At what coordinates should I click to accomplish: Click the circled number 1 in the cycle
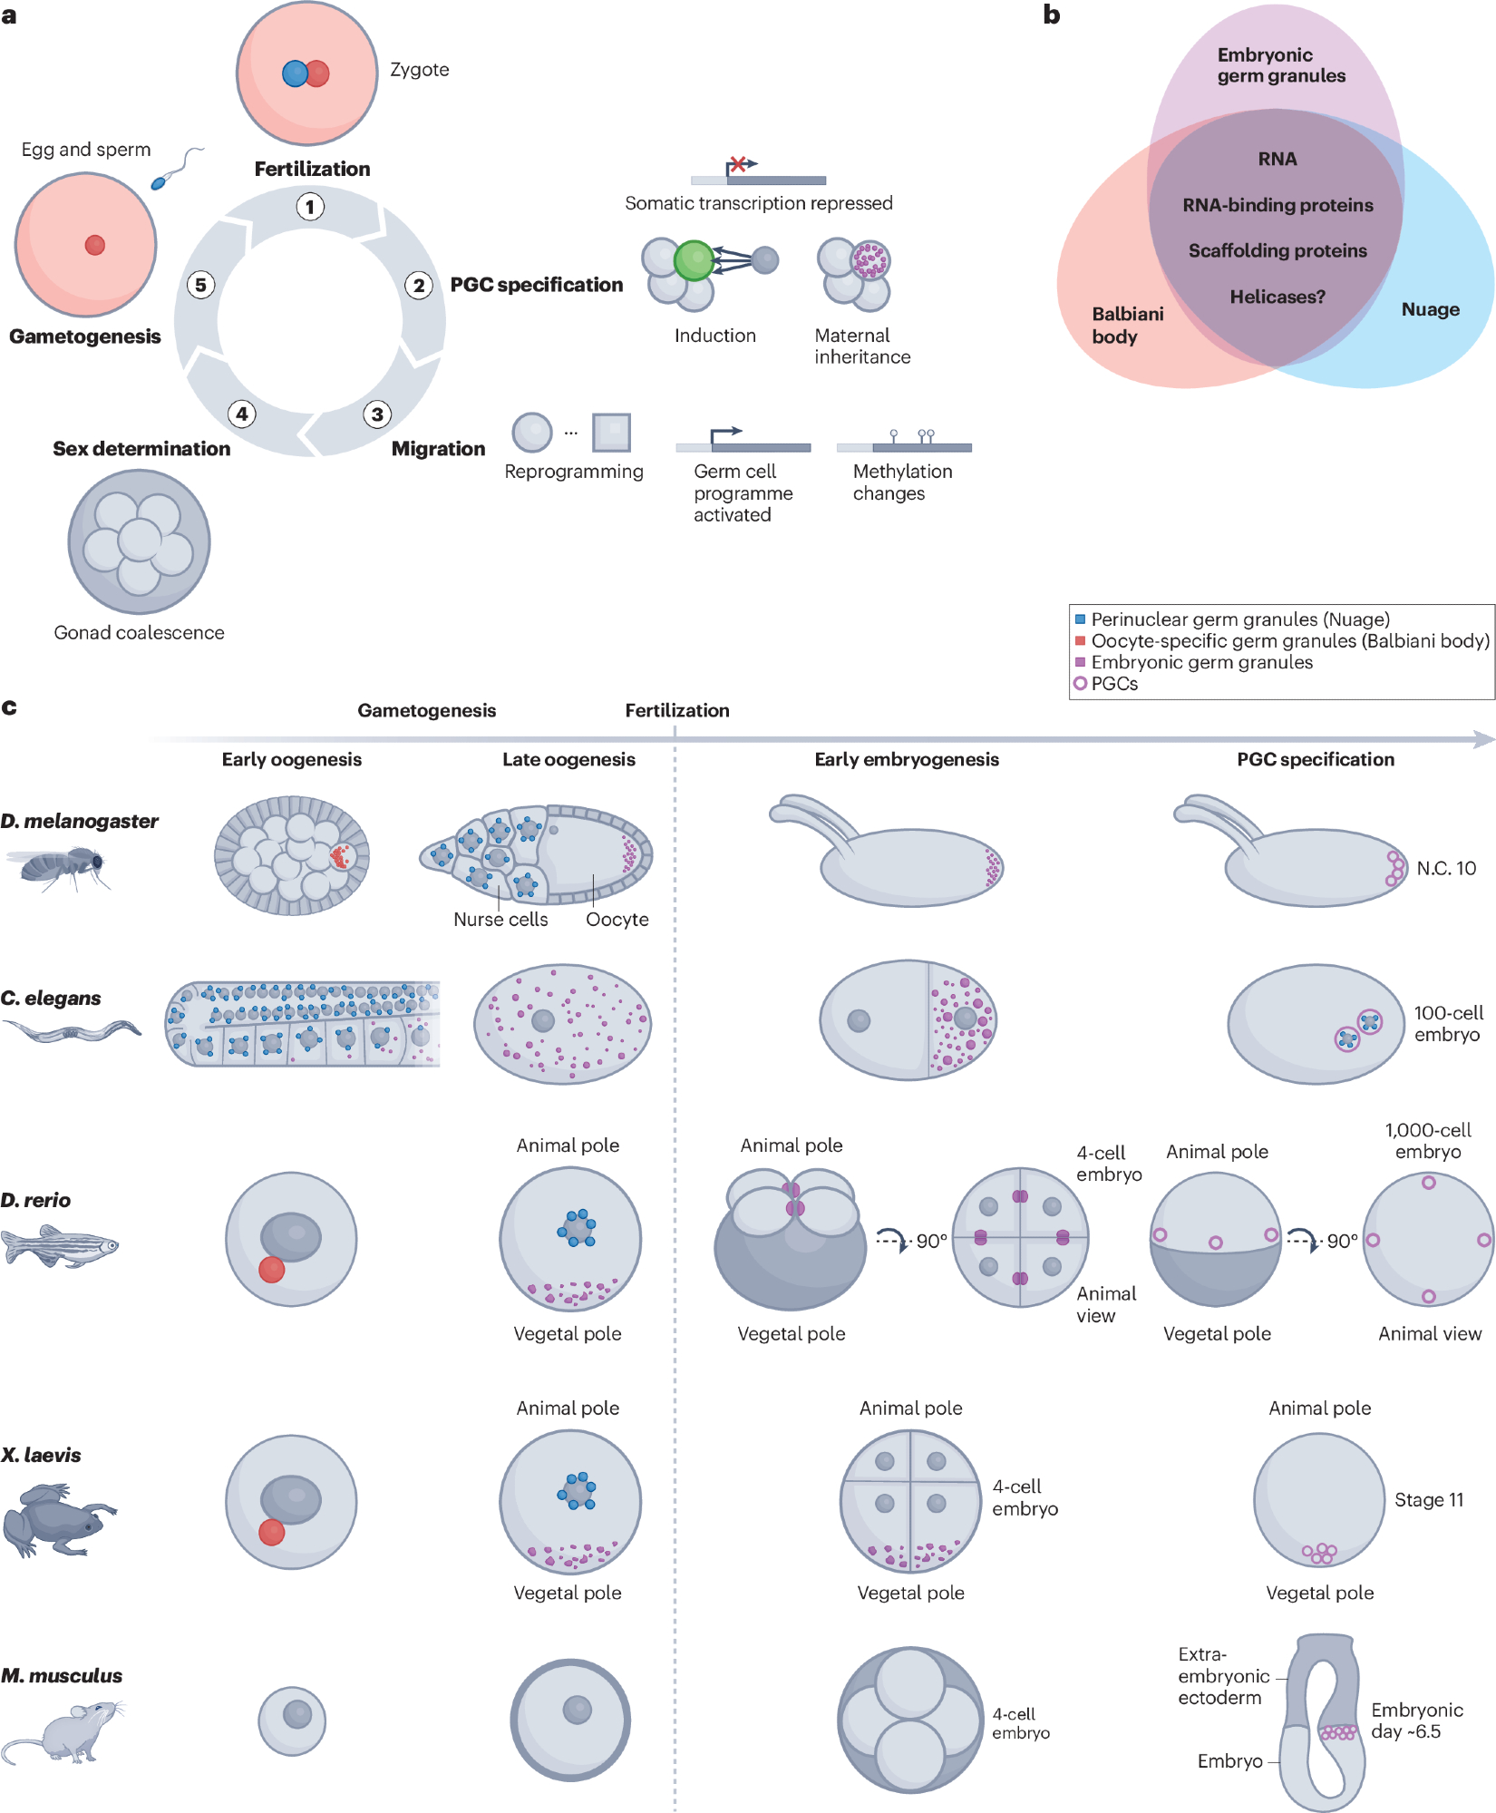click(x=310, y=207)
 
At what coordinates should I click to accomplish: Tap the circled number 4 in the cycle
click(x=241, y=414)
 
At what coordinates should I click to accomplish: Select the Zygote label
click(x=419, y=70)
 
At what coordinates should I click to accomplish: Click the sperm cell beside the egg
click(x=160, y=182)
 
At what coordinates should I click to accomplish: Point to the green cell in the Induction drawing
click(x=695, y=260)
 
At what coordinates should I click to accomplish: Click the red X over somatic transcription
click(x=738, y=164)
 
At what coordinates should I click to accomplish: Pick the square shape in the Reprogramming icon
click(x=611, y=432)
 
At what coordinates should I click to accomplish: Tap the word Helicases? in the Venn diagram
click(x=1277, y=297)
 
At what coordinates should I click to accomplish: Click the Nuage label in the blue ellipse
click(x=1430, y=309)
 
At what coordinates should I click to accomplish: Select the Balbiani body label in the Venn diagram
click(x=1127, y=325)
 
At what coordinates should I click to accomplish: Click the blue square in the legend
click(x=1080, y=619)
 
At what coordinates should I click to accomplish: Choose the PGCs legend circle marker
click(x=1080, y=684)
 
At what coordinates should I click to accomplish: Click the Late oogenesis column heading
click(x=568, y=759)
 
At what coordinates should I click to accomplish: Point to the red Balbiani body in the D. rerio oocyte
click(x=272, y=1270)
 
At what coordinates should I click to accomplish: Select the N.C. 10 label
click(x=1446, y=868)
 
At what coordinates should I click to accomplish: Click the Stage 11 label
click(x=1429, y=1500)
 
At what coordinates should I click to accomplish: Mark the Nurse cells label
click(x=500, y=919)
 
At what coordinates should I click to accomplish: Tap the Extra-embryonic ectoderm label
click(x=1223, y=1675)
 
